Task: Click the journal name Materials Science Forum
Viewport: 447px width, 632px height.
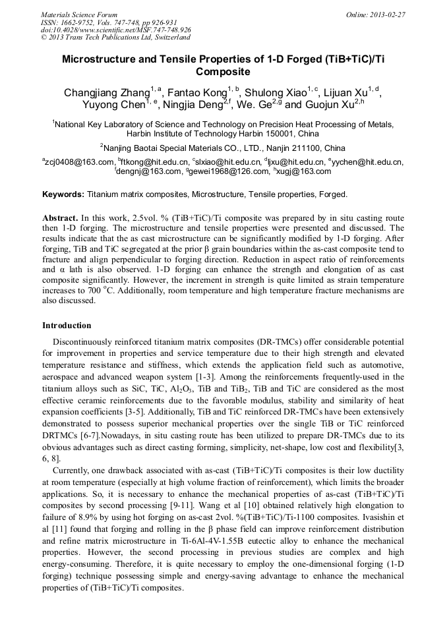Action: pos(79,14)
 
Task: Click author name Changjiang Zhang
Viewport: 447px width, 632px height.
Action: pos(106,93)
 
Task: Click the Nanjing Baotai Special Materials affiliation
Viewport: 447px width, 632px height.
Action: pos(224,148)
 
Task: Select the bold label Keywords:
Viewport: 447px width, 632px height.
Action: pos(63,194)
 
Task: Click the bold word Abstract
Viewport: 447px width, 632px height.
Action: pos(60,217)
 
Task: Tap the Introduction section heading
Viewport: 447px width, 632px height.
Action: pos(67,326)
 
